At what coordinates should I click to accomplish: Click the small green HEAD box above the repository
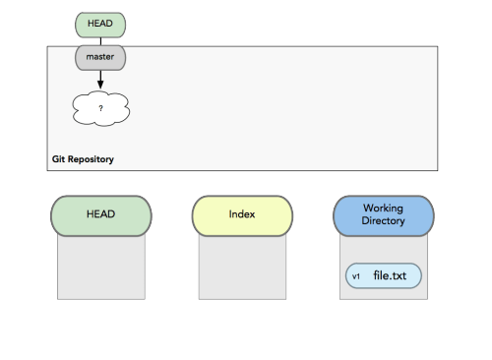point(100,25)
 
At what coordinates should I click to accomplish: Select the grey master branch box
point(100,58)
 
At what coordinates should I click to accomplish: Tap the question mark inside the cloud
point(100,108)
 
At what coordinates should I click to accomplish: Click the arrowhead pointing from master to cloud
point(100,85)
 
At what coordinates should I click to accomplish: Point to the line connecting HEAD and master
point(100,41)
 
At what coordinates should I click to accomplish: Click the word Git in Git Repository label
point(58,159)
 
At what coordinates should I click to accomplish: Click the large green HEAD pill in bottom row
point(101,216)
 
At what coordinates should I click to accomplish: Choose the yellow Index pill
point(242,216)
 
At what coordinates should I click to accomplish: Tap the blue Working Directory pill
point(384,216)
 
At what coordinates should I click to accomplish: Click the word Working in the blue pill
point(383,209)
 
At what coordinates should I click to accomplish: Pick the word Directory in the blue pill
point(383,220)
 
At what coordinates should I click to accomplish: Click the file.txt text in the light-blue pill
point(390,275)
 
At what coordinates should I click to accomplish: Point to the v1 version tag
point(356,276)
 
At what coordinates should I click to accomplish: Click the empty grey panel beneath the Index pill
point(242,268)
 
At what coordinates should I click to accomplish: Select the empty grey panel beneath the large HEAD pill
point(101,268)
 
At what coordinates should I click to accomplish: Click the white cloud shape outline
point(74,108)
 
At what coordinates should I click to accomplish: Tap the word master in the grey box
point(100,57)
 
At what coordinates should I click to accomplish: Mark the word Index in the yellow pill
point(242,214)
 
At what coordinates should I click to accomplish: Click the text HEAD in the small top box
point(100,24)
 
